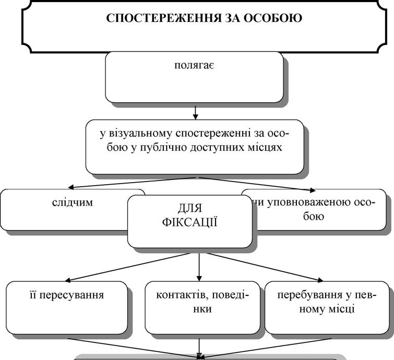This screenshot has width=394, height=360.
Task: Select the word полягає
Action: tap(194, 66)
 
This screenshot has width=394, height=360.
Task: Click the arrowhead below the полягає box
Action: tap(195, 116)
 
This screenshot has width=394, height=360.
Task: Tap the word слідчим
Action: tap(73, 202)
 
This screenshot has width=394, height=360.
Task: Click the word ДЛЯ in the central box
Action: tap(190, 209)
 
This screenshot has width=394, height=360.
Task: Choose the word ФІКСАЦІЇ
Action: tap(190, 222)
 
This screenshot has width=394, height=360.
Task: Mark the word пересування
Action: tap(71, 295)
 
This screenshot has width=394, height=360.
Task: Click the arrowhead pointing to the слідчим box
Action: tap(71, 187)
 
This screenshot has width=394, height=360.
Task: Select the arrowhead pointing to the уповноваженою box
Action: tap(313, 190)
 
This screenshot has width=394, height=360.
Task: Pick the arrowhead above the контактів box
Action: tap(199, 279)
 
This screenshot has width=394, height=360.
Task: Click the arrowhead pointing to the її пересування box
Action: tap(68, 280)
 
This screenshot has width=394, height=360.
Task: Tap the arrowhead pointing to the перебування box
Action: tap(320, 280)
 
